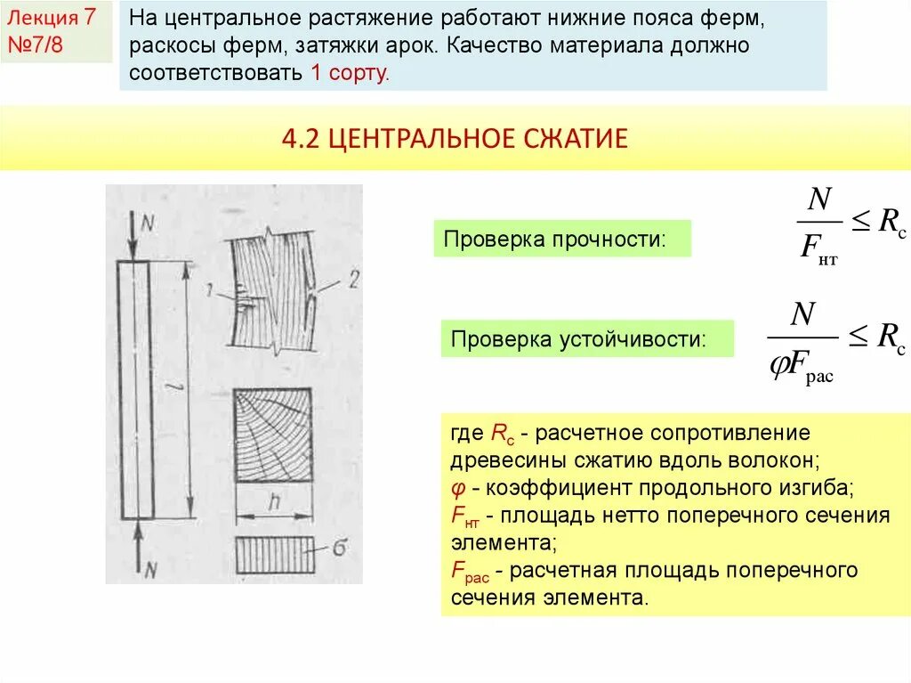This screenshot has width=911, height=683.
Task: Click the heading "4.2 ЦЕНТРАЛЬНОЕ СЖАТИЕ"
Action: click(455, 138)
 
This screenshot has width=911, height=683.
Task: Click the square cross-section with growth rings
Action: click(273, 436)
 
